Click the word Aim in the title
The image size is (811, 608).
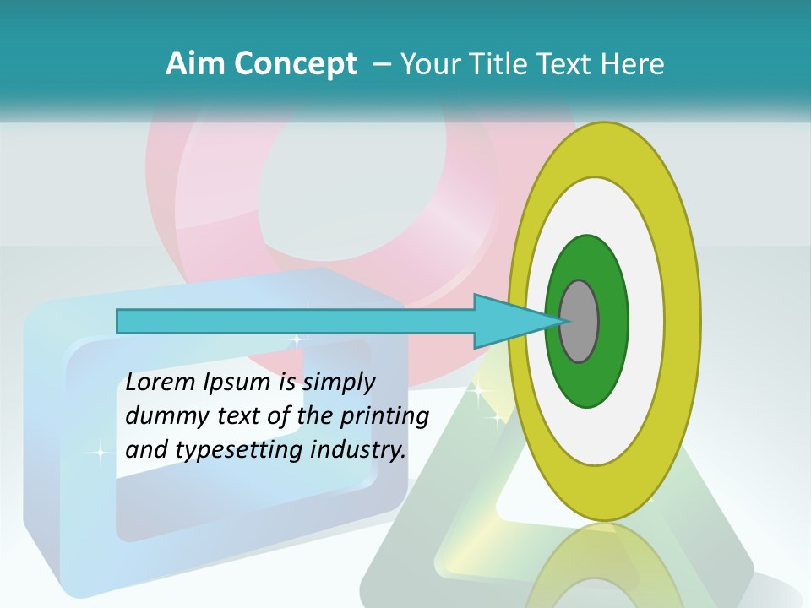(195, 64)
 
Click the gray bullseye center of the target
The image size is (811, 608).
(579, 322)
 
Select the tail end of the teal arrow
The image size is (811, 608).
(121, 321)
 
